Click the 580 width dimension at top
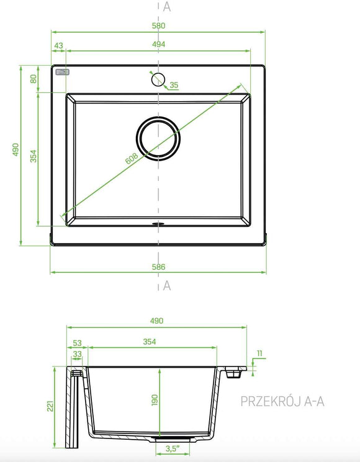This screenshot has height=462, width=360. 158,25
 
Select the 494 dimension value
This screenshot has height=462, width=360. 159,45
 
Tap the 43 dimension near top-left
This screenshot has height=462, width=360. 59,46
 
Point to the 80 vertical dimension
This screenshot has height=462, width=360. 34,79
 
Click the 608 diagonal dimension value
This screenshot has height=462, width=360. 132,159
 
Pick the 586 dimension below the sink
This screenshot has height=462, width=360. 159,267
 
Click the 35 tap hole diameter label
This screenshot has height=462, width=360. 174,85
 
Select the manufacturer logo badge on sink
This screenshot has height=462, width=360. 62,72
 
